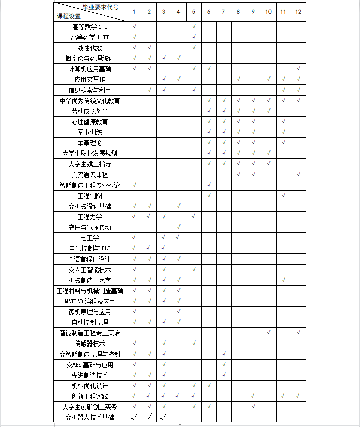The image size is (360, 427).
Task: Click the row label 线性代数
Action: click(x=90, y=48)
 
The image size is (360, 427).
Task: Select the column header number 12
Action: click(x=298, y=12)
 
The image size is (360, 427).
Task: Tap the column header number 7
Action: click(x=223, y=12)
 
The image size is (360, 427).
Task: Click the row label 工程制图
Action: click(x=90, y=196)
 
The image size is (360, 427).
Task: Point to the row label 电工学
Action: click(x=90, y=238)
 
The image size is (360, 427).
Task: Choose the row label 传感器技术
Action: click(x=90, y=344)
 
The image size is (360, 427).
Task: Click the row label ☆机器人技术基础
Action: click(x=90, y=417)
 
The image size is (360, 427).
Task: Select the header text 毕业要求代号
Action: click(x=101, y=7)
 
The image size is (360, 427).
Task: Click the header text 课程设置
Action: click(x=69, y=16)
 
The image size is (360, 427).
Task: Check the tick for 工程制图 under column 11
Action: click(x=283, y=195)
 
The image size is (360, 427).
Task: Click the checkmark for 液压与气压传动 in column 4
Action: click(x=179, y=227)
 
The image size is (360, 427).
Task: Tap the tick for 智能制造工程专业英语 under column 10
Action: click(x=268, y=332)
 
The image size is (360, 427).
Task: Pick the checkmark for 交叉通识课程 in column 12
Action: click(x=298, y=174)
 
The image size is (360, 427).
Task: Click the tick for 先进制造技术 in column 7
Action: click(x=224, y=375)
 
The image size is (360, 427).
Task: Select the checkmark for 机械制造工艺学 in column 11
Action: click(x=283, y=280)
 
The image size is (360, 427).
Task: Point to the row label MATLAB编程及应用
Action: click(x=90, y=301)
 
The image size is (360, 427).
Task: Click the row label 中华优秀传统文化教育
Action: click(x=90, y=101)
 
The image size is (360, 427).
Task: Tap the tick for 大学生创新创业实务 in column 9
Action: click(x=253, y=406)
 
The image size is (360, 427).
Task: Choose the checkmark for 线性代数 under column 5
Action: click(x=194, y=47)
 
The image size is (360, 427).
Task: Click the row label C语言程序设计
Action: click(x=90, y=259)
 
